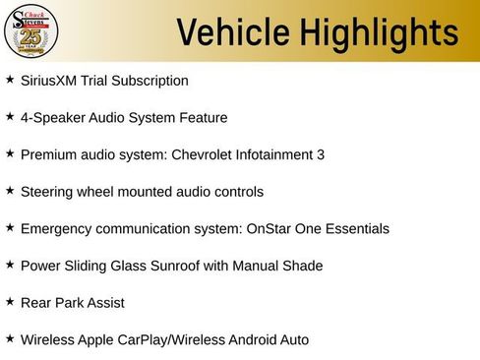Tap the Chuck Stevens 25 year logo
pos(30,31)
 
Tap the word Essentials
pos(356,228)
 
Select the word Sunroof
pos(181,266)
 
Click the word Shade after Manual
pos(303,266)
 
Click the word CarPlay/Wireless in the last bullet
pos(170,339)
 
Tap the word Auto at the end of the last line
pos(293,339)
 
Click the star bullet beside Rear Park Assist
pos(10,301)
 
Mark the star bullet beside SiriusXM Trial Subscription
pos(10,78)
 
